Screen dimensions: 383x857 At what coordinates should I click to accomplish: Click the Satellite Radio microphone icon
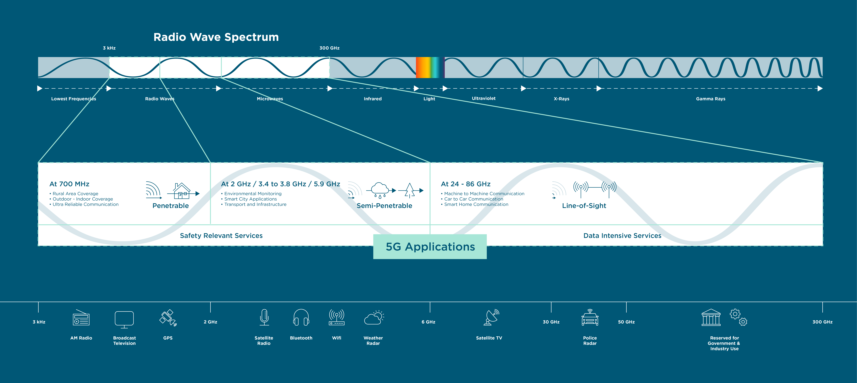tap(264, 317)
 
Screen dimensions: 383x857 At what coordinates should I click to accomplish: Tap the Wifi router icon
tap(337, 317)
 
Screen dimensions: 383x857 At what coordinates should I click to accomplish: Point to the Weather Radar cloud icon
tap(374, 318)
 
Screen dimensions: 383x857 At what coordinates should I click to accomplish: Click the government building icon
tap(711, 318)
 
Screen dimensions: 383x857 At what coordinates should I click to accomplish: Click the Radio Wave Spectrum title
tap(216, 37)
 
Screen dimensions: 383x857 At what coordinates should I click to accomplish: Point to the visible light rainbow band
tap(430, 67)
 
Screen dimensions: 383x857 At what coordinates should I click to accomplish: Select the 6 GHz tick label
tap(428, 322)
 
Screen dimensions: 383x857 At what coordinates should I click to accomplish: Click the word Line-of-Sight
tap(584, 206)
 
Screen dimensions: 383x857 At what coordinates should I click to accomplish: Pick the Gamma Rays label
tap(711, 99)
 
